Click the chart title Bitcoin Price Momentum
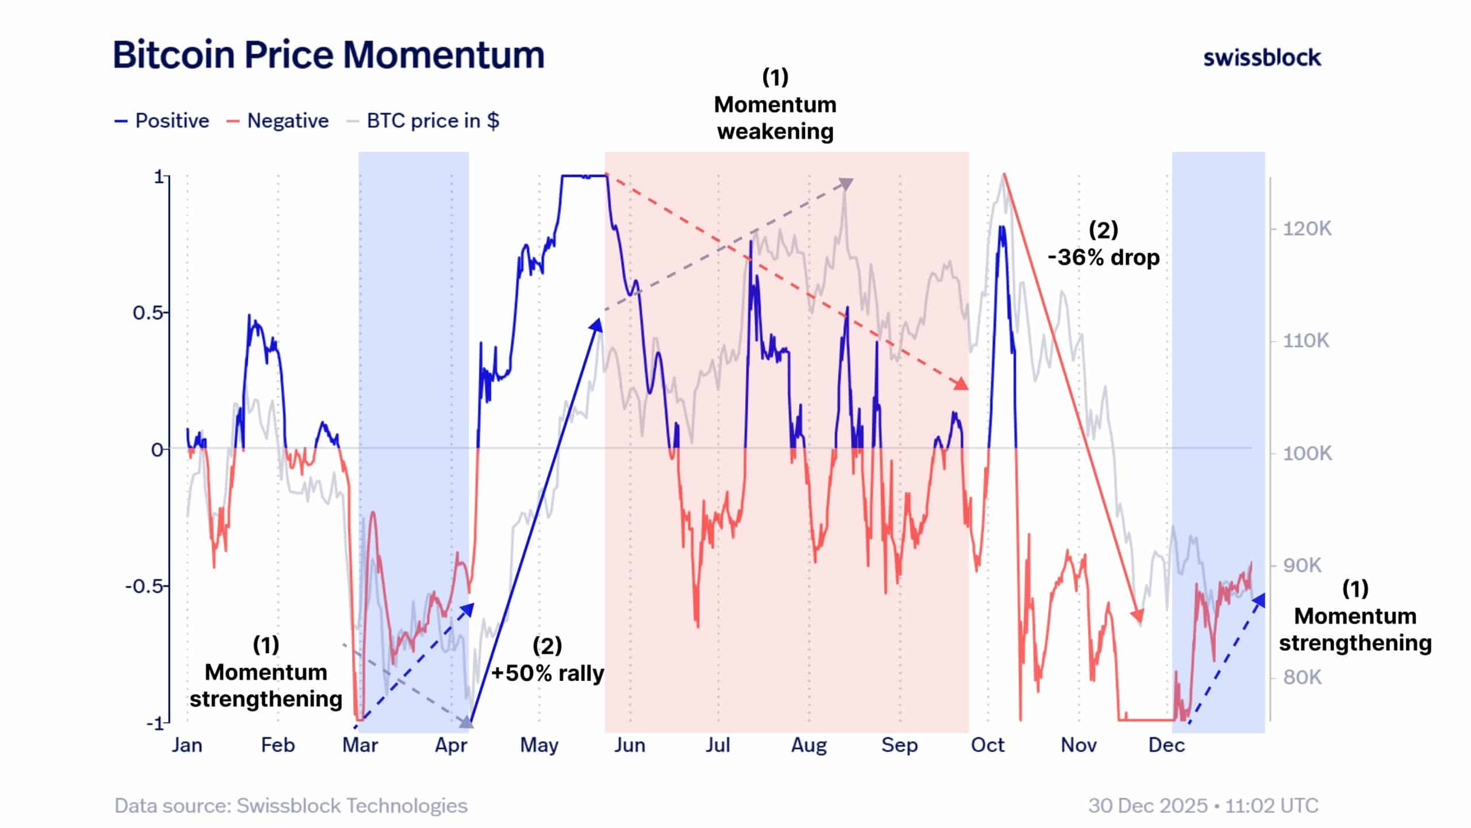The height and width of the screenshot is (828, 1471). pos(328,55)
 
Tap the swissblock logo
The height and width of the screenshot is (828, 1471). pos(1262,58)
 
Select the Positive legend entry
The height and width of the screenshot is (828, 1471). pos(163,121)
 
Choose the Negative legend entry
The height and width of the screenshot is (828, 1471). pos(278,121)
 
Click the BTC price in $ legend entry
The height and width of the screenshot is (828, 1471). pos(423,121)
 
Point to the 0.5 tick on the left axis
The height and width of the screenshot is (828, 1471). pos(148,313)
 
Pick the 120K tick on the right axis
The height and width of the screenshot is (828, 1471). pos(1307,229)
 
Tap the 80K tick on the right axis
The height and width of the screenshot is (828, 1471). pos(1303,677)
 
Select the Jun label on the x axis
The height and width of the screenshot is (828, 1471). pos(630,745)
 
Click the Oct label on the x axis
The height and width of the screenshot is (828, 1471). pos(987,745)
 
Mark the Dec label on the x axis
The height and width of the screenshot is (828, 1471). pos(1166,745)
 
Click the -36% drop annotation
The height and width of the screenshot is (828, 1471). pos(1103,257)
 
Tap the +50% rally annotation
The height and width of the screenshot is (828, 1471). pos(547,673)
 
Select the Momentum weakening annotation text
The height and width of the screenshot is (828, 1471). pos(775,118)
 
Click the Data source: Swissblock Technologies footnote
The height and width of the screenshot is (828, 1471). pos(291,806)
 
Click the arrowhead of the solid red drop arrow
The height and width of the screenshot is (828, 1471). pos(1138,616)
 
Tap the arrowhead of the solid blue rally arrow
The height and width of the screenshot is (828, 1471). pos(596,325)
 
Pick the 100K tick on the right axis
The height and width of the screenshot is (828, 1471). pos(1307,453)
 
